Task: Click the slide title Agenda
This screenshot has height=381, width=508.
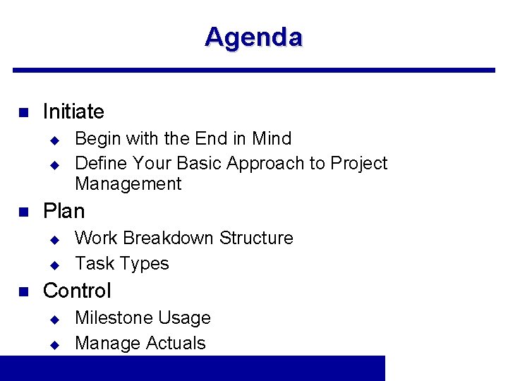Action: point(253,37)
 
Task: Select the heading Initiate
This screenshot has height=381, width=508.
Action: point(73,111)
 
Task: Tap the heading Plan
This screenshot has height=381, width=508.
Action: point(64,211)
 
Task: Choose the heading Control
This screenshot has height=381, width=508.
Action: point(77,291)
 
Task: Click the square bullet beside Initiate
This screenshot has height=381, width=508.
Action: point(22,112)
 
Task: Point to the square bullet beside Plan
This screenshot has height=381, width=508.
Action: point(22,212)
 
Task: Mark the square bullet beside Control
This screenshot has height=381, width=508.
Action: point(22,291)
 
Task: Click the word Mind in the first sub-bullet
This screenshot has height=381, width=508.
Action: point(272,138)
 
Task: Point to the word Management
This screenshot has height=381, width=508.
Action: point(128,184)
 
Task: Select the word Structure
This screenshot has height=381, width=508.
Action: point(256,238)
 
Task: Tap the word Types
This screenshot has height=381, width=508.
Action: point(145,264)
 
